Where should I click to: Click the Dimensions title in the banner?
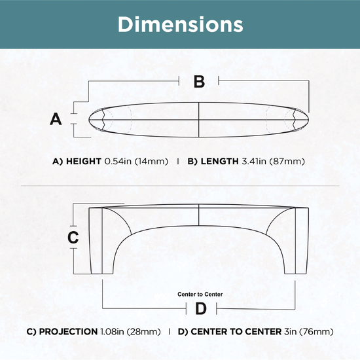click(x=180, y=24)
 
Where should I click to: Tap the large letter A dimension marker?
click(x=56, y=119)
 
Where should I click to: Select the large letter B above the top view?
click(x=199, y=82)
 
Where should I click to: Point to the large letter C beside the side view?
click(x=73, y=237)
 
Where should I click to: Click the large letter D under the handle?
click(x=201, y=308)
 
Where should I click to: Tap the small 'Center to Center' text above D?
click(x=200, y=295)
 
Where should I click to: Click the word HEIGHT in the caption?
click(x=84, y=161)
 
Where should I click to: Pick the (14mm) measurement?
click(x=151, y=162)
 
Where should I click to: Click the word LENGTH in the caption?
click(x=220, y=161)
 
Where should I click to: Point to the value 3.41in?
click(x=254, y=161)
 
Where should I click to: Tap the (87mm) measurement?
click(x=287, y=162)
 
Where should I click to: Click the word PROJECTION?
click(x=69, y=332)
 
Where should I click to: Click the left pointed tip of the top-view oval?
click(x=89, y=119)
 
